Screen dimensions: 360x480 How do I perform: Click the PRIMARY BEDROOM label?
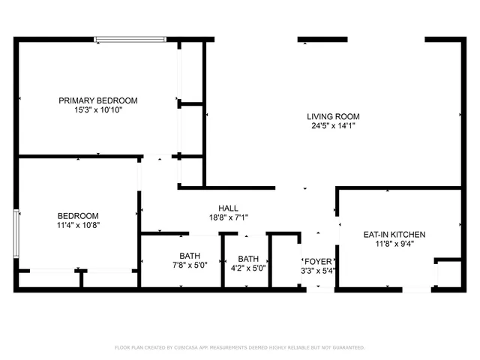(98, 100)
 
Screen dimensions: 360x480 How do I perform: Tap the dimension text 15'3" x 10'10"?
(98, 109)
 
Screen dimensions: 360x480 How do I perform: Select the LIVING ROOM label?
(333, 116)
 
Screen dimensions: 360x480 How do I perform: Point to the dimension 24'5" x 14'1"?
(333, 126)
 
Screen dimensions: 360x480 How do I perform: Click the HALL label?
(228, 208)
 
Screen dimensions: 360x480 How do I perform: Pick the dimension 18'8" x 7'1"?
(228, 218)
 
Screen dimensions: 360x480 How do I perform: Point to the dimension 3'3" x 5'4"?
(317, 270)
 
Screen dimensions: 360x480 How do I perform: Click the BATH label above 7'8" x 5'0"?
(190, 256)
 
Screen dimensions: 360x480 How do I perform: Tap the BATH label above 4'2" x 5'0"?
(248, 258)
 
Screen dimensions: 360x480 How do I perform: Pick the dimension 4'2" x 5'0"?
(248, 268)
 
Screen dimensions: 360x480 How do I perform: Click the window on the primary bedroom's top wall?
(130, 40)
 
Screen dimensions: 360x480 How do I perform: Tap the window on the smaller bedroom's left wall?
(16, 235)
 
